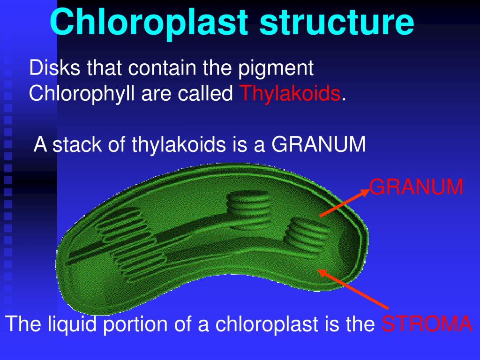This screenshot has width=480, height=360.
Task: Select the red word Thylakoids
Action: [290, 94]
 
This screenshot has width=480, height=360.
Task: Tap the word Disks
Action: [49, 68]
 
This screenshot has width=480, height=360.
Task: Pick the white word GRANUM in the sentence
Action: [319, 145]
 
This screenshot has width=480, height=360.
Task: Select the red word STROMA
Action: [427, 324]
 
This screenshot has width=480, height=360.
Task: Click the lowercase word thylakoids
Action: [180, 145]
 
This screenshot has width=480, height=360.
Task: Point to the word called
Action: [208, 94]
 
